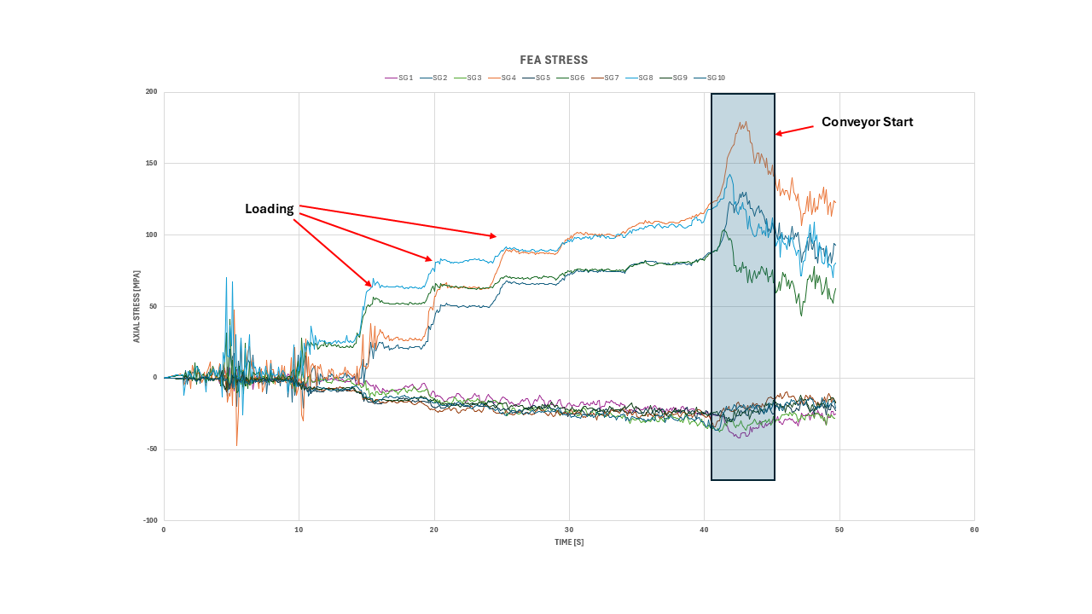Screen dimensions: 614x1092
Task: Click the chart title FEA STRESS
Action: coord(554,60)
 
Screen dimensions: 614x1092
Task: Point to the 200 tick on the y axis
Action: coord(151,91)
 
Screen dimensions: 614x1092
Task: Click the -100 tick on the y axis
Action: coord(149,520)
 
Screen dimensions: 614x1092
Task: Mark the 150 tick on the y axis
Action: coord(151,163)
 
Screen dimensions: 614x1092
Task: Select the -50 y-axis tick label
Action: coord(151,449)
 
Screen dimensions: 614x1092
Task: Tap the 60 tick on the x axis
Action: coord(974,530)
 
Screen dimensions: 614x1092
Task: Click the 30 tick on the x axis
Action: coord(569,530)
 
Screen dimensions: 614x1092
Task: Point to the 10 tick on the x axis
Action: coord(299,530)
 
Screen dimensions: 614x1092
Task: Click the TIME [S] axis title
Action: coord(568,542)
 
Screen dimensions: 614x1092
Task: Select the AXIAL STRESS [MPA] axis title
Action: coord(136,306)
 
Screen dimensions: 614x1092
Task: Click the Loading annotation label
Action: coord(269,209)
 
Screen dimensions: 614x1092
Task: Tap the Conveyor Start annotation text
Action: coord(867,122)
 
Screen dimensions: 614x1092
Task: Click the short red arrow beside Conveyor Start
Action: coord(794,130)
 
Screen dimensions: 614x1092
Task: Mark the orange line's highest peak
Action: coord(746,121)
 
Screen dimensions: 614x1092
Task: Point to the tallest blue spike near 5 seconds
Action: coord(226,277)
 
